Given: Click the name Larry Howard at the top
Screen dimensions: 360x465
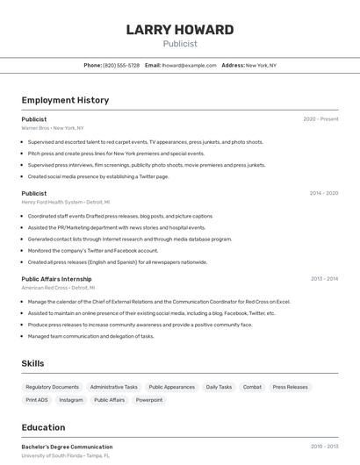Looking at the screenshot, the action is point(180,30).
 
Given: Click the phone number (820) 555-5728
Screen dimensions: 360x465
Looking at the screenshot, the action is point(121,66).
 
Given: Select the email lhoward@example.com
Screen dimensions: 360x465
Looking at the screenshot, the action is point(190,66).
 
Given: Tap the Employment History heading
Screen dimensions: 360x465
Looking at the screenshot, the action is point(65,100).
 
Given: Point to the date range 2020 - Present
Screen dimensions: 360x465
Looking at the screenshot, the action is point(320,119).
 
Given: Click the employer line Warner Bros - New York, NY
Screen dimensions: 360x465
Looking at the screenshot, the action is point(54,128).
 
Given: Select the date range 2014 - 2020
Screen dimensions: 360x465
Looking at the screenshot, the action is point(323,193).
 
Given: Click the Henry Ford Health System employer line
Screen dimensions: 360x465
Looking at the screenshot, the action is point(65,203).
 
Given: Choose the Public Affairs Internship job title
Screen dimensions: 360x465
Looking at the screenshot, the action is point(57,279).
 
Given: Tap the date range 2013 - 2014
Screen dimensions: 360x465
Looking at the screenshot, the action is point(324,279).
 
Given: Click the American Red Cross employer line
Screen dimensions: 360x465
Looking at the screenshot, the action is point(56,288).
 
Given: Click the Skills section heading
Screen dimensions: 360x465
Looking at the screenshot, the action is point(33,363).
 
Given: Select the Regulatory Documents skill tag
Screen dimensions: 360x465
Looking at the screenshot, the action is point(53,387).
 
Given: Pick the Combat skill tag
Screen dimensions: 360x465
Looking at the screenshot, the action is point(252,387).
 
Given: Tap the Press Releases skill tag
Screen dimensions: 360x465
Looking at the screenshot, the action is point(291,387).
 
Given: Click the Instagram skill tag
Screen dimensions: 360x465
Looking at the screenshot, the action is point(71,400).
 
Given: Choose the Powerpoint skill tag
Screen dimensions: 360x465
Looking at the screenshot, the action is point(149,400).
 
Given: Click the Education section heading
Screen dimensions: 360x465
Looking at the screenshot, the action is point(43,428).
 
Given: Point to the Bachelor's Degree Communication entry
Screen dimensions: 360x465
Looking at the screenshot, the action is point(67,447).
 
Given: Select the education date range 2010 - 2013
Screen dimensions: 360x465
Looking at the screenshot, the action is point(324,447).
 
